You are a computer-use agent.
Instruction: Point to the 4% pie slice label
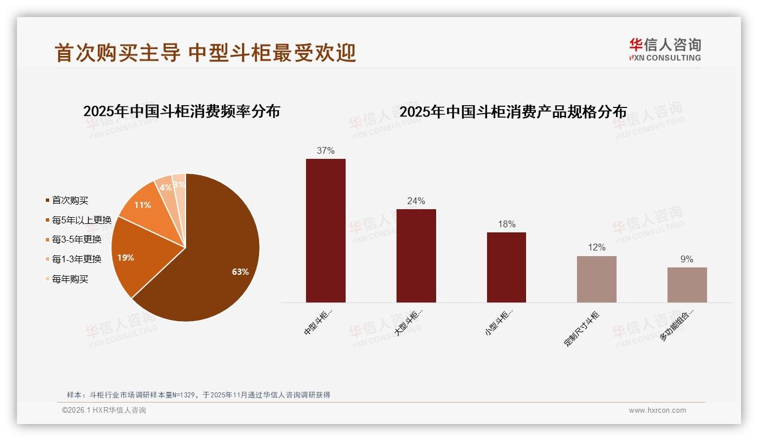[x=166, y=188]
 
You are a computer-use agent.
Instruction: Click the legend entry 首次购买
[x=70, y=200]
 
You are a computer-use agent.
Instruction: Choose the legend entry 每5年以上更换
[x=81, y=220]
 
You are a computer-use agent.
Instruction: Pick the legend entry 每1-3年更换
[x=76, y=259]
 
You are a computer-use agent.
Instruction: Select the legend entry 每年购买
[x=70, y=279]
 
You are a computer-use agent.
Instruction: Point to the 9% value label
[x=687, y=259]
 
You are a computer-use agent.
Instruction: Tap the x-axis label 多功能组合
[x=677, y=324]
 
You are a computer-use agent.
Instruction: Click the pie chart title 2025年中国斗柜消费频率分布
[x=182, y=111]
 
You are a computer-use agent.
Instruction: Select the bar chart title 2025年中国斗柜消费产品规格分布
[x=513, y=112]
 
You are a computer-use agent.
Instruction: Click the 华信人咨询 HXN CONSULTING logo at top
[x=665, y=49]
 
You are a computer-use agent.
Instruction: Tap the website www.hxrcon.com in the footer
[x=657, y=410]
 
